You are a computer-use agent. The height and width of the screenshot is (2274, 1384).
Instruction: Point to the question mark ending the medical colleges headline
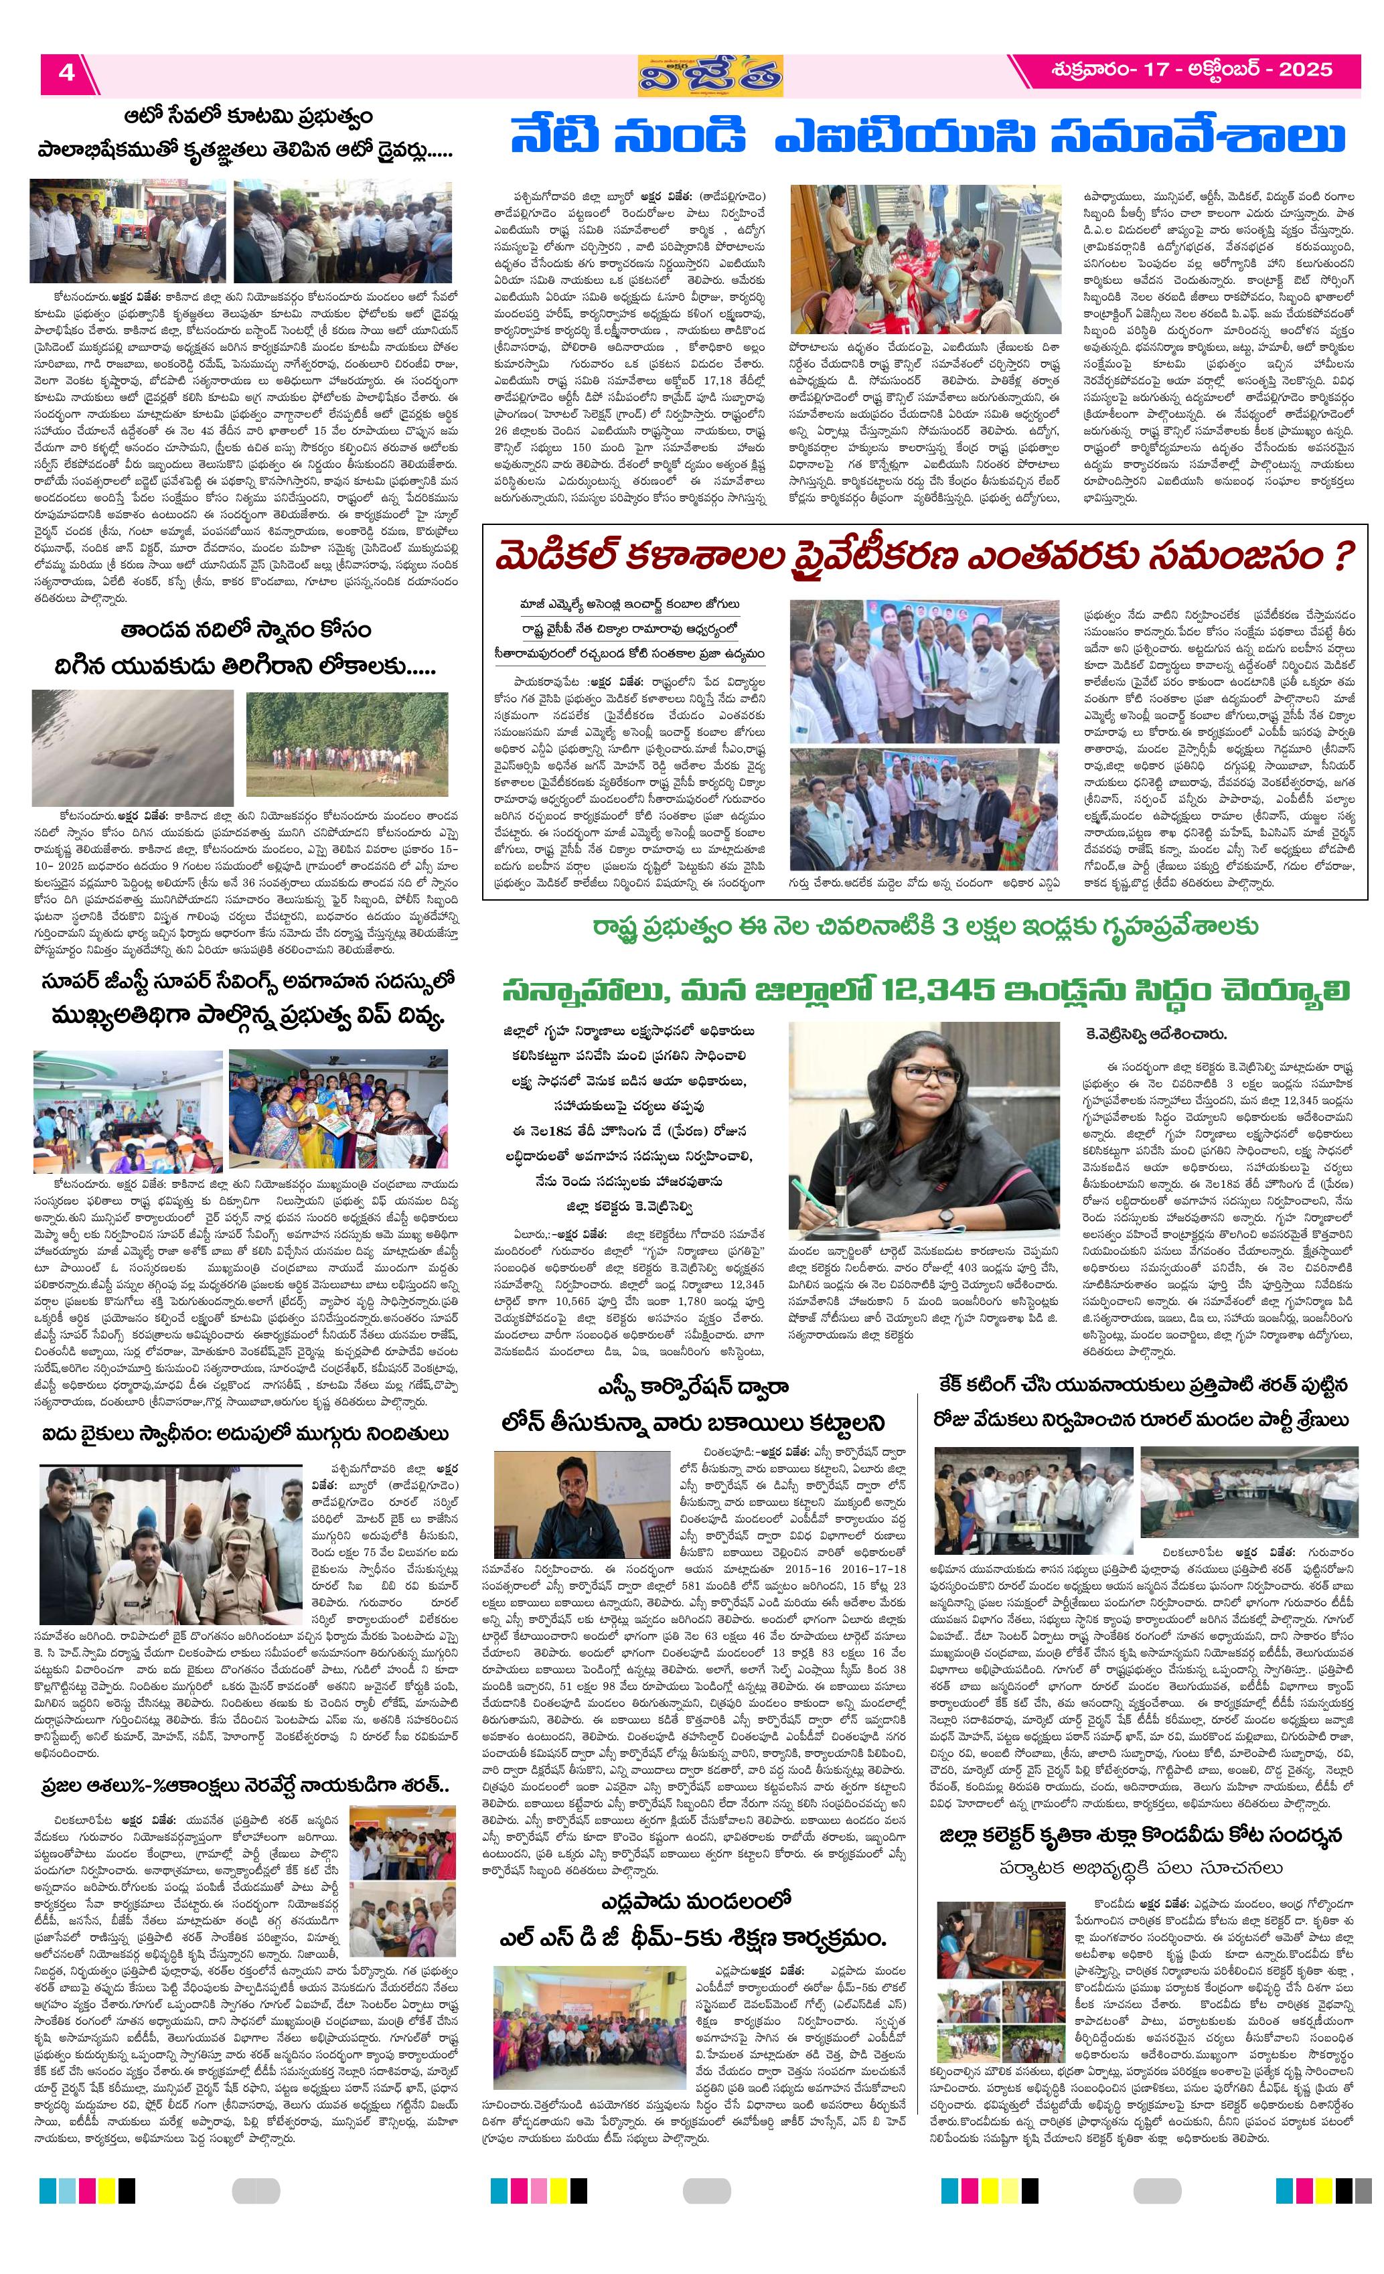click(x=1344, y=557)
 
